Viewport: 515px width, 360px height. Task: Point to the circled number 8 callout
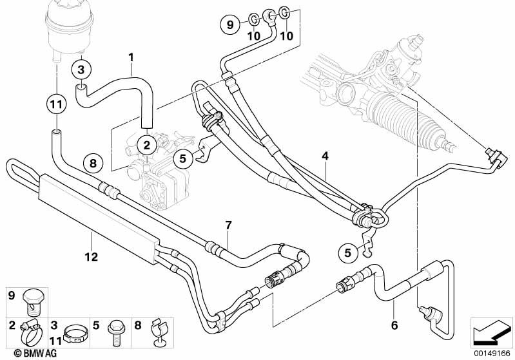point(93,164)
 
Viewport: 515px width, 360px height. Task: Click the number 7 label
point(228,225)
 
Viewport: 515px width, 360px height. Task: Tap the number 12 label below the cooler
point(90,257)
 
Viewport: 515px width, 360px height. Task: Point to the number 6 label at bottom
point(394,325)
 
